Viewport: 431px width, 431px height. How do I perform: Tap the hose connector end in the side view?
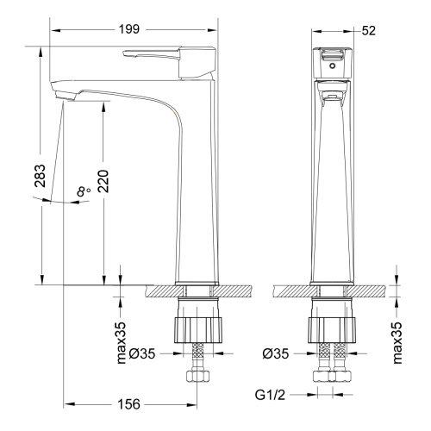click(199, 377)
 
